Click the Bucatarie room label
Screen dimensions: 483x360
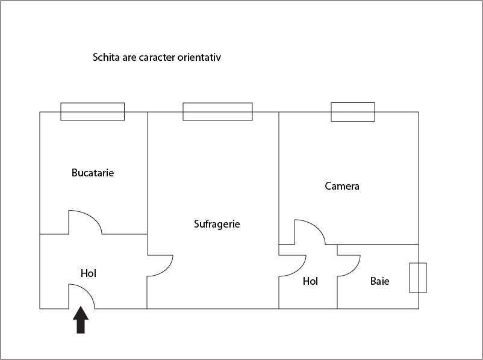tap(93, 173)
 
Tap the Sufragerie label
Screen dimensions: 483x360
tap(217, 224)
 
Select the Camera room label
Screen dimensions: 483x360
tap(342, 186)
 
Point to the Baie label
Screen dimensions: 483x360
tap(379, 281)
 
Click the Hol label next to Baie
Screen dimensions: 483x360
tap(310, 281)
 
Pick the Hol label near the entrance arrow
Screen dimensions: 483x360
tap(89, 273)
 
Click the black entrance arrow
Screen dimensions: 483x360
tap(81, 320)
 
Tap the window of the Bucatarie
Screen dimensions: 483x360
tap(92, 111)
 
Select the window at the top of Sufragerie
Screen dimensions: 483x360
tap(218, 111)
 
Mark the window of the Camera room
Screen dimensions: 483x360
tap(353, 112)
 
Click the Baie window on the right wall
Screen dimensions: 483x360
tap(418, 278)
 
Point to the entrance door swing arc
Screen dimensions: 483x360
tap(81, 296)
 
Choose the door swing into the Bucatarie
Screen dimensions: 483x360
tap(85, 222)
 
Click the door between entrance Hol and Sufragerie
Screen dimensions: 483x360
tap(160, 265)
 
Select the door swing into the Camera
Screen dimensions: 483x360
tap(310, 232)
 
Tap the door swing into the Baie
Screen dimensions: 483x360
tap(349, 265)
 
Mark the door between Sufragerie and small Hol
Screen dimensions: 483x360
tap(292, 265)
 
